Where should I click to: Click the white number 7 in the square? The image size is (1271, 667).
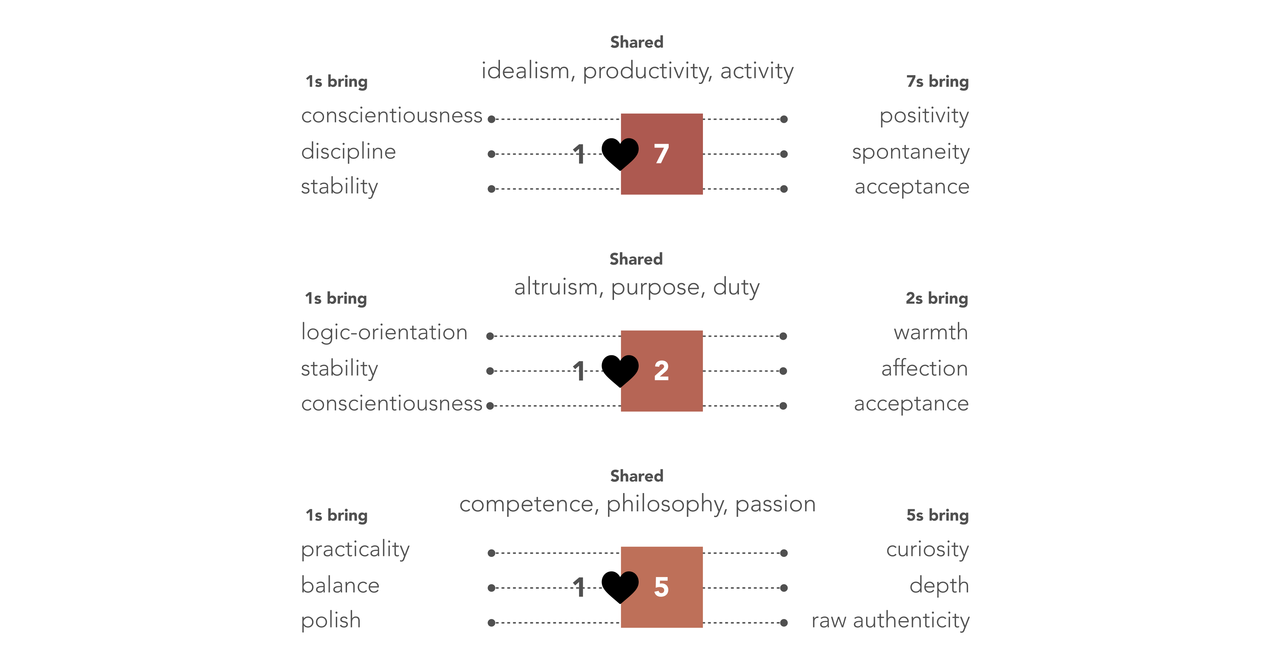[661, 154]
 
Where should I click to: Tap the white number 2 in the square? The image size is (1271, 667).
[661, 371]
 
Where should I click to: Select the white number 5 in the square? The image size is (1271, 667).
[661, 587]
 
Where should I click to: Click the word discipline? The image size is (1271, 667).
[348, 151]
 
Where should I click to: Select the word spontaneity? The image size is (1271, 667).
[910, 152]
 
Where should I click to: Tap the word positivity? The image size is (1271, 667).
[924, 116]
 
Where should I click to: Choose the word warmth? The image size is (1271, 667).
[931, 332]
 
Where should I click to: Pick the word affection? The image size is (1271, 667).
[925, 368]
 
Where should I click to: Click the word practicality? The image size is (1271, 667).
[355, 549]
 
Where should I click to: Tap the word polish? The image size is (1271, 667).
[330, 621]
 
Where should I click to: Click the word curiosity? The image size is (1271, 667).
[927, 549]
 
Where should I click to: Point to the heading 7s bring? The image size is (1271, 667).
[937, 82]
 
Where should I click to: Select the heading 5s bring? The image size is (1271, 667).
[937, 516]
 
